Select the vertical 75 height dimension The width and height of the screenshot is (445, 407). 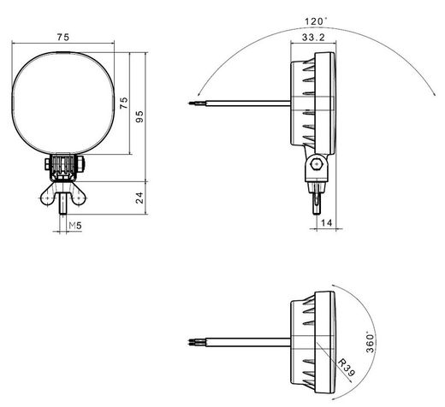[x=125, y=104]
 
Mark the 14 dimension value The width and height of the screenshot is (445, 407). [x=326, y=223]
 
